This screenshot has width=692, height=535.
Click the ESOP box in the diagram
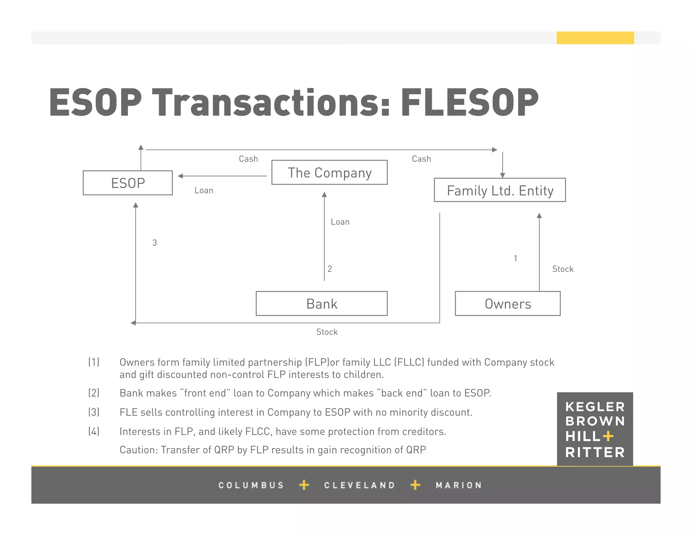(x=128, y=183)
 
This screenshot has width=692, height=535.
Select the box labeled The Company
(x=329, y=172)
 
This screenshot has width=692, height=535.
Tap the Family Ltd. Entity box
(x=500, y=190)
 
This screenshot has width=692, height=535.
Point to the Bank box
(x=322, y=304)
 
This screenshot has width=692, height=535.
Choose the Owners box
(x=508, y=304)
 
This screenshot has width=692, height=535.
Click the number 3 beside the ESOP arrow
(x=154, y=243)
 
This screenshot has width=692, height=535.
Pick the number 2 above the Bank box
(x=330, y=269)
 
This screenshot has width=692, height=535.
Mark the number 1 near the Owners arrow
(x=515, y=259)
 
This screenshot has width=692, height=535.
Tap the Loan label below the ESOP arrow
(x=204, y=191)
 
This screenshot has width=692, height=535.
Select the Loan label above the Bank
(x=340, y=222)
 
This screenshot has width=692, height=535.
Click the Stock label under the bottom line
(x=327, y=332)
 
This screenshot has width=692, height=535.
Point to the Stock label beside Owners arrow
(x=563, y=269)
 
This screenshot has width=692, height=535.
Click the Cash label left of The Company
(x=248, y=159)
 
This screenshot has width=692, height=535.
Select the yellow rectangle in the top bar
(x=595, y=38)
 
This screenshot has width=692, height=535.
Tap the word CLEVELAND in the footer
(x=360, y=485)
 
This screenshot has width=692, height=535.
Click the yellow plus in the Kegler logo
(x=608, y=436)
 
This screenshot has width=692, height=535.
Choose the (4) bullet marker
(x=94, y=432)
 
